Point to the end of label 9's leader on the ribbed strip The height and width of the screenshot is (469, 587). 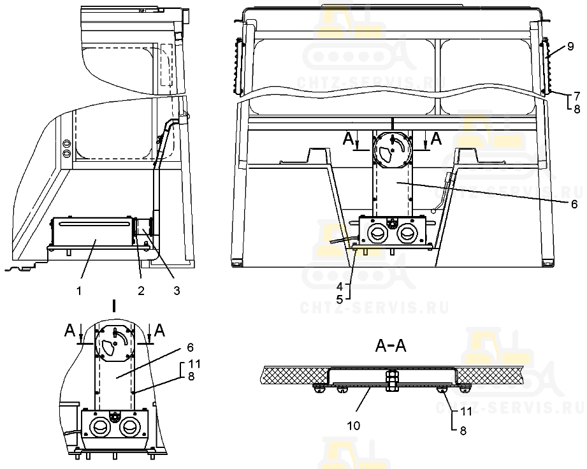pos(547,57)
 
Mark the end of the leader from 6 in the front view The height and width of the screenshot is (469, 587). pos(398,182)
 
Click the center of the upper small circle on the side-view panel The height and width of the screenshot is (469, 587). pos(68,143)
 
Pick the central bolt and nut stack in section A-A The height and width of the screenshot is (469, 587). pos(391,380)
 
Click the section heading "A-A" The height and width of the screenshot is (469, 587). pos(391,346)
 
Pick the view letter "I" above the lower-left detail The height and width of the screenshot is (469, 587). pos(114,307)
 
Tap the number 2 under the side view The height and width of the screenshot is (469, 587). pos(141,291)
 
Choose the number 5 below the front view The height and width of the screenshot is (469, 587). pos(340,299)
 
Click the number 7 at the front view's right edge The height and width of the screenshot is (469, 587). pos(577,96)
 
